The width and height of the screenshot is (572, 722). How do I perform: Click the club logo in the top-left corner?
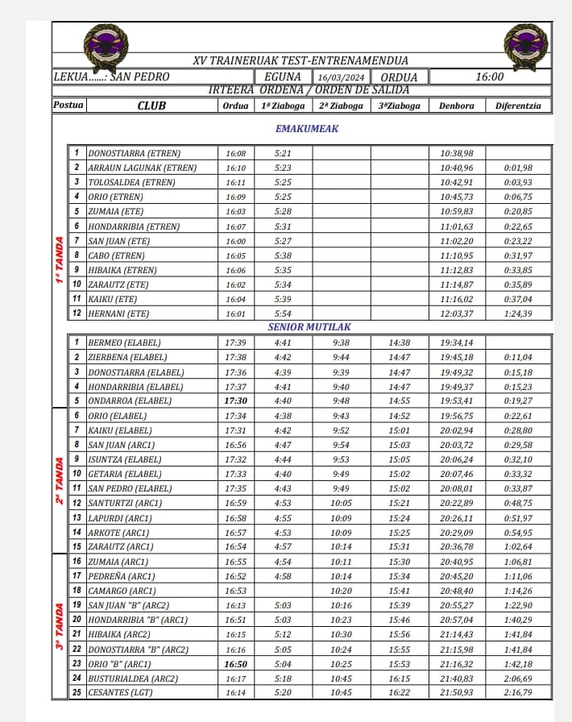pos(106,47)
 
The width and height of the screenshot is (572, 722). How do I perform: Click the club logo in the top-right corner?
pos(525,47)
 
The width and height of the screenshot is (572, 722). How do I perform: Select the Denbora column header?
pos(457,106)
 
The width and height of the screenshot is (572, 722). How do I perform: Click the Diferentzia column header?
pos(520,106)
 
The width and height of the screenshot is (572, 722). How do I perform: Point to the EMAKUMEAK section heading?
pos(307,129)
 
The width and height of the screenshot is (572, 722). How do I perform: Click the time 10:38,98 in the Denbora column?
pos(457,153)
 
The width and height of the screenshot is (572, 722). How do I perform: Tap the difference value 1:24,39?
pos(518,313)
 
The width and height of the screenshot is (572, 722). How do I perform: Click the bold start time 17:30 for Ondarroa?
pos(236,400)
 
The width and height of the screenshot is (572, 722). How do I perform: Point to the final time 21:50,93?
pos(457,692)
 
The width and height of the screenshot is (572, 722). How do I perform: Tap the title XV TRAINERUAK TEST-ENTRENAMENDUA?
pos(301,60)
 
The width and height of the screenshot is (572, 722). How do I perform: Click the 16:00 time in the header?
pos(490,77)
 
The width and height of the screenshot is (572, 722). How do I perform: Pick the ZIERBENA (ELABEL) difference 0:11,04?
pos(518,357)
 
